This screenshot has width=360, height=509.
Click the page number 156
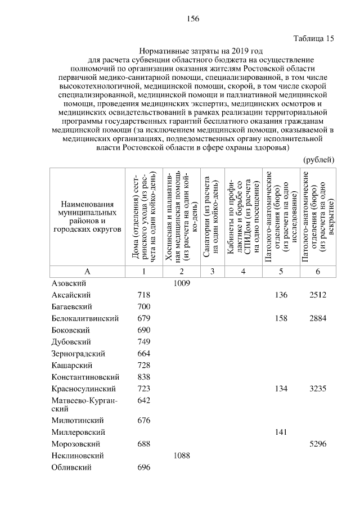(193, 19)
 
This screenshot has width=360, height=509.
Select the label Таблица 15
(314, 39)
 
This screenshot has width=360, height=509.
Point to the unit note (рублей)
(319, 160)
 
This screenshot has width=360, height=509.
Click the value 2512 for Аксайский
(318, 295)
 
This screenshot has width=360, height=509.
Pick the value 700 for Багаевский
(145, 307)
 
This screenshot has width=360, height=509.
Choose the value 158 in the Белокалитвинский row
(280, 318)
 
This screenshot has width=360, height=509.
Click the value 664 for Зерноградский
(145, 354)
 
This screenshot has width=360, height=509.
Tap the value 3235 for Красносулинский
(318, 389)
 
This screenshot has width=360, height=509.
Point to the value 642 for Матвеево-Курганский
(145, 400)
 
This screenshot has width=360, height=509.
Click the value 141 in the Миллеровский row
(280, 432)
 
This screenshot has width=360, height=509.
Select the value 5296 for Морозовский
(318, 444)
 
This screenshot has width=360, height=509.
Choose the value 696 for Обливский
(145, 467)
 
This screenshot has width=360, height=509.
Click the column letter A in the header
(87, 271)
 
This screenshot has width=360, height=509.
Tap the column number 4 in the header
(242, 271)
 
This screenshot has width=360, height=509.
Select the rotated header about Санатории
(211, 217)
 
